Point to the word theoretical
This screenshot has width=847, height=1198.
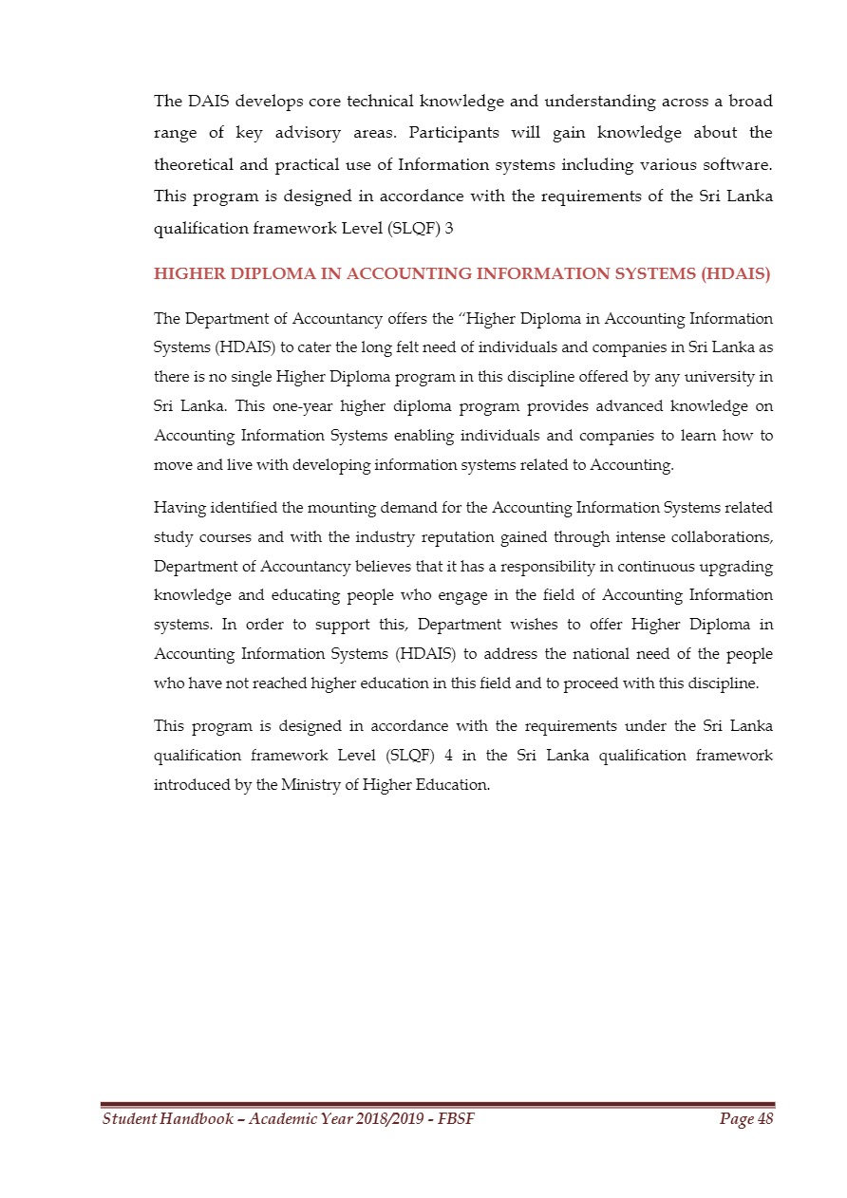click(x=194, y=164)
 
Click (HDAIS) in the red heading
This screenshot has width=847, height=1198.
click(x=734, y=275)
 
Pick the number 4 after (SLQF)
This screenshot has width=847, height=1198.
click(x=447, y=756)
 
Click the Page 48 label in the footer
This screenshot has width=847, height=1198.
click(x=746, y=1120)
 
